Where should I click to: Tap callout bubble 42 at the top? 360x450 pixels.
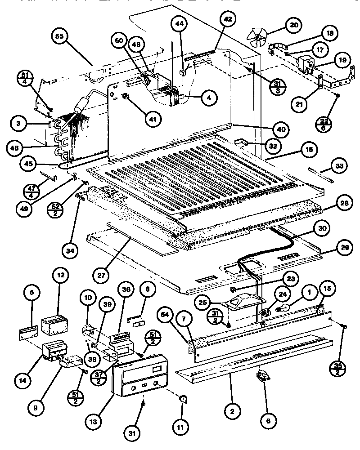[x=228, y=19]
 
